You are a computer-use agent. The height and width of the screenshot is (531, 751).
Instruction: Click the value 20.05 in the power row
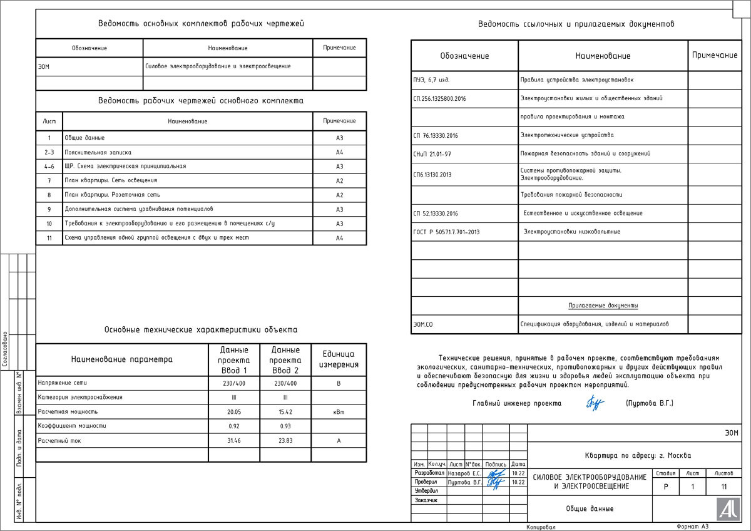click(233, 412)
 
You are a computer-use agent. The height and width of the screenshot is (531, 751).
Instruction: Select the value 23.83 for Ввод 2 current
click(285, 441)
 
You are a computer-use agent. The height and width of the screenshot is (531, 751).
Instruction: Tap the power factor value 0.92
click(233, 426)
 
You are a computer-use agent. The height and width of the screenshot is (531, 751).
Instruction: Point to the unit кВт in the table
click(339, 412)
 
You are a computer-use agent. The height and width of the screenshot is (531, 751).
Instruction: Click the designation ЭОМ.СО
click(424, 324)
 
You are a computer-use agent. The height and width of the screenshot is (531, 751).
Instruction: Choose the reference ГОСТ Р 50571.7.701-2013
click(447, 232)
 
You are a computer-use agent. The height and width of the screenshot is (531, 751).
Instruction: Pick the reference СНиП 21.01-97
click(432, 153)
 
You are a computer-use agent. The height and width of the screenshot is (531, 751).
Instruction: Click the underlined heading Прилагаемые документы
click(603, 306)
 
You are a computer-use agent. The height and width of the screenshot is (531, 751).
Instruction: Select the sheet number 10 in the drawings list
click(49, 224)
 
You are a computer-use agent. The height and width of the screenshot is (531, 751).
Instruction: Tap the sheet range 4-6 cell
click(49, 167)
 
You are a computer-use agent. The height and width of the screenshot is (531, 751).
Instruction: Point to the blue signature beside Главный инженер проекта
click(595, 404)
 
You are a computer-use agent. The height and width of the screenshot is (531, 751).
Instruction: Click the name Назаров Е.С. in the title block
click(464, 474)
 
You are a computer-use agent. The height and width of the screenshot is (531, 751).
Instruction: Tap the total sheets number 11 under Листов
click(723, 486)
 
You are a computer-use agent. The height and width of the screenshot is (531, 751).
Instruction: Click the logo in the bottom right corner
click(727, 508)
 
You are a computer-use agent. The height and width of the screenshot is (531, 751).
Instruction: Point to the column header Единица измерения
click(339, 359)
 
